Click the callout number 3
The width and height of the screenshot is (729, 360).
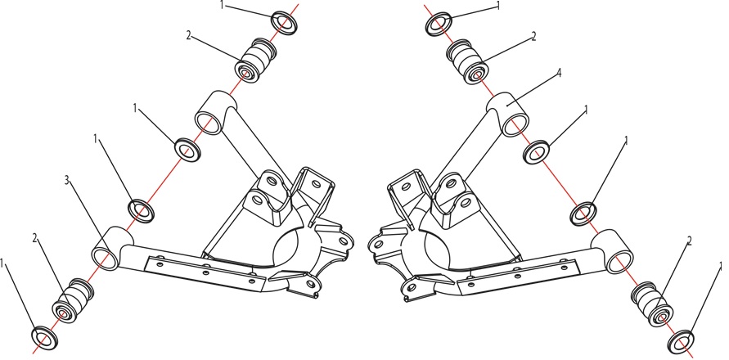pyautogui.click(x=67, y=181)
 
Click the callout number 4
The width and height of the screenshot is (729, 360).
pyautogui.click(x=559, y=73)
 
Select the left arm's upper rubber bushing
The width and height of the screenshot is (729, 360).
pyautogui.click(x=255, y=60)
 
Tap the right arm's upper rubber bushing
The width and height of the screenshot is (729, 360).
pyautogui.click(x=468, y=61)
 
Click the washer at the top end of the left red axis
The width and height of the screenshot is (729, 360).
pyautogui.click(x=284, y=23)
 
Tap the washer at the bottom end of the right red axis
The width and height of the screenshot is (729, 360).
pyautogui.click(x=681, y=341)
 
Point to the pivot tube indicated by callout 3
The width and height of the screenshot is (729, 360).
pyautogui.click(x=111, y=248)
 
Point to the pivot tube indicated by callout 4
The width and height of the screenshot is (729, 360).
pyautogui.click(x=508, y=114)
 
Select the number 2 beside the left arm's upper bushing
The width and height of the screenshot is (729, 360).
pyautogui.click(x=188, y=35)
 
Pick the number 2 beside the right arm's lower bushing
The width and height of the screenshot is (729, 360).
pyautogui.click(x=690, y=241)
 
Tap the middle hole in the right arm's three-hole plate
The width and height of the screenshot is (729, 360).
pyautogui.click(x=517, y=276)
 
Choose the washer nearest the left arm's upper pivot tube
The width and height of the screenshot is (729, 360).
pyautogui.click(x=187, y=150)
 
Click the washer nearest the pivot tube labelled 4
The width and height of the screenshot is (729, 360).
pyautogui.click(x=536, y=151)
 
